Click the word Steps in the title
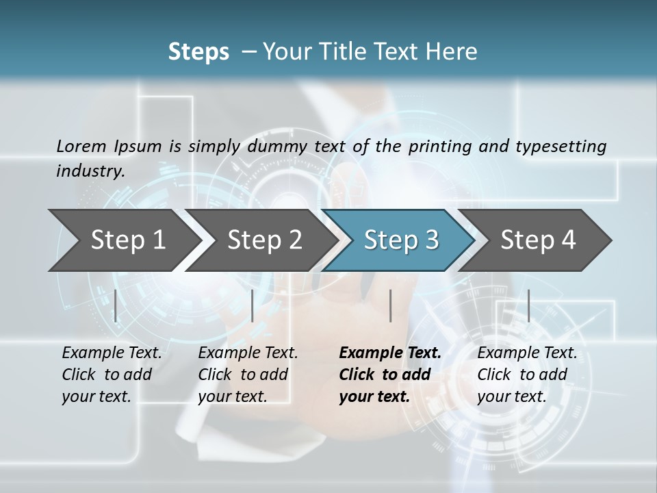[198, 52]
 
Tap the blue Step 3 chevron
[401, 240]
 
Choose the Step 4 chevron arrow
[538, 240]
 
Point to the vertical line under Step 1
[116, 305]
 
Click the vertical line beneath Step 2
[253, 305]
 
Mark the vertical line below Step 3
[390, 305]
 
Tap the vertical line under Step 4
[528, 305]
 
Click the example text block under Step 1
[111, 375]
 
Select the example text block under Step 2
[247, 375]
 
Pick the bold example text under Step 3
[389, 375]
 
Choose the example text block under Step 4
[526, 375]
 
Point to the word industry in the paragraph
[90, 170]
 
